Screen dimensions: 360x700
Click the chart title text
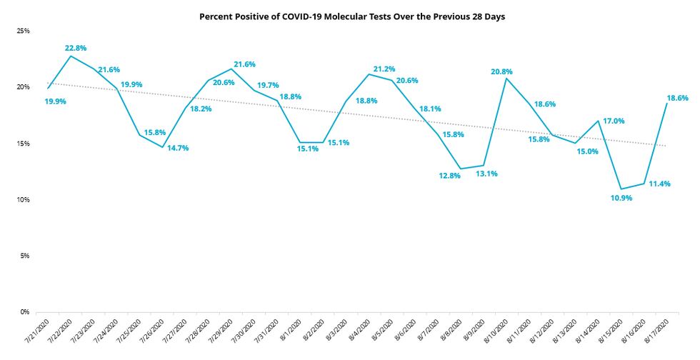tap(352, 16)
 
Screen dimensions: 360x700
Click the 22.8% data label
tap(76, 49)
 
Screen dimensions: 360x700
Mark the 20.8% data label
tap(501, 71)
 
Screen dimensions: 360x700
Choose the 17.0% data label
tap(614, 121)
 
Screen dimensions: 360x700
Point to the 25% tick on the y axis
tap(24, 31)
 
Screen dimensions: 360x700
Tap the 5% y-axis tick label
tap(26, 256)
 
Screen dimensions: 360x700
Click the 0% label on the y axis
tap(26, 312)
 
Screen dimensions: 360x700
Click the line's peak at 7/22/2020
tap(70, 56)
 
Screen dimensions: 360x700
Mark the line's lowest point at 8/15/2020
tap(621, 189)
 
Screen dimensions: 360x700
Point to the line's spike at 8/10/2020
tap(506, 78)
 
